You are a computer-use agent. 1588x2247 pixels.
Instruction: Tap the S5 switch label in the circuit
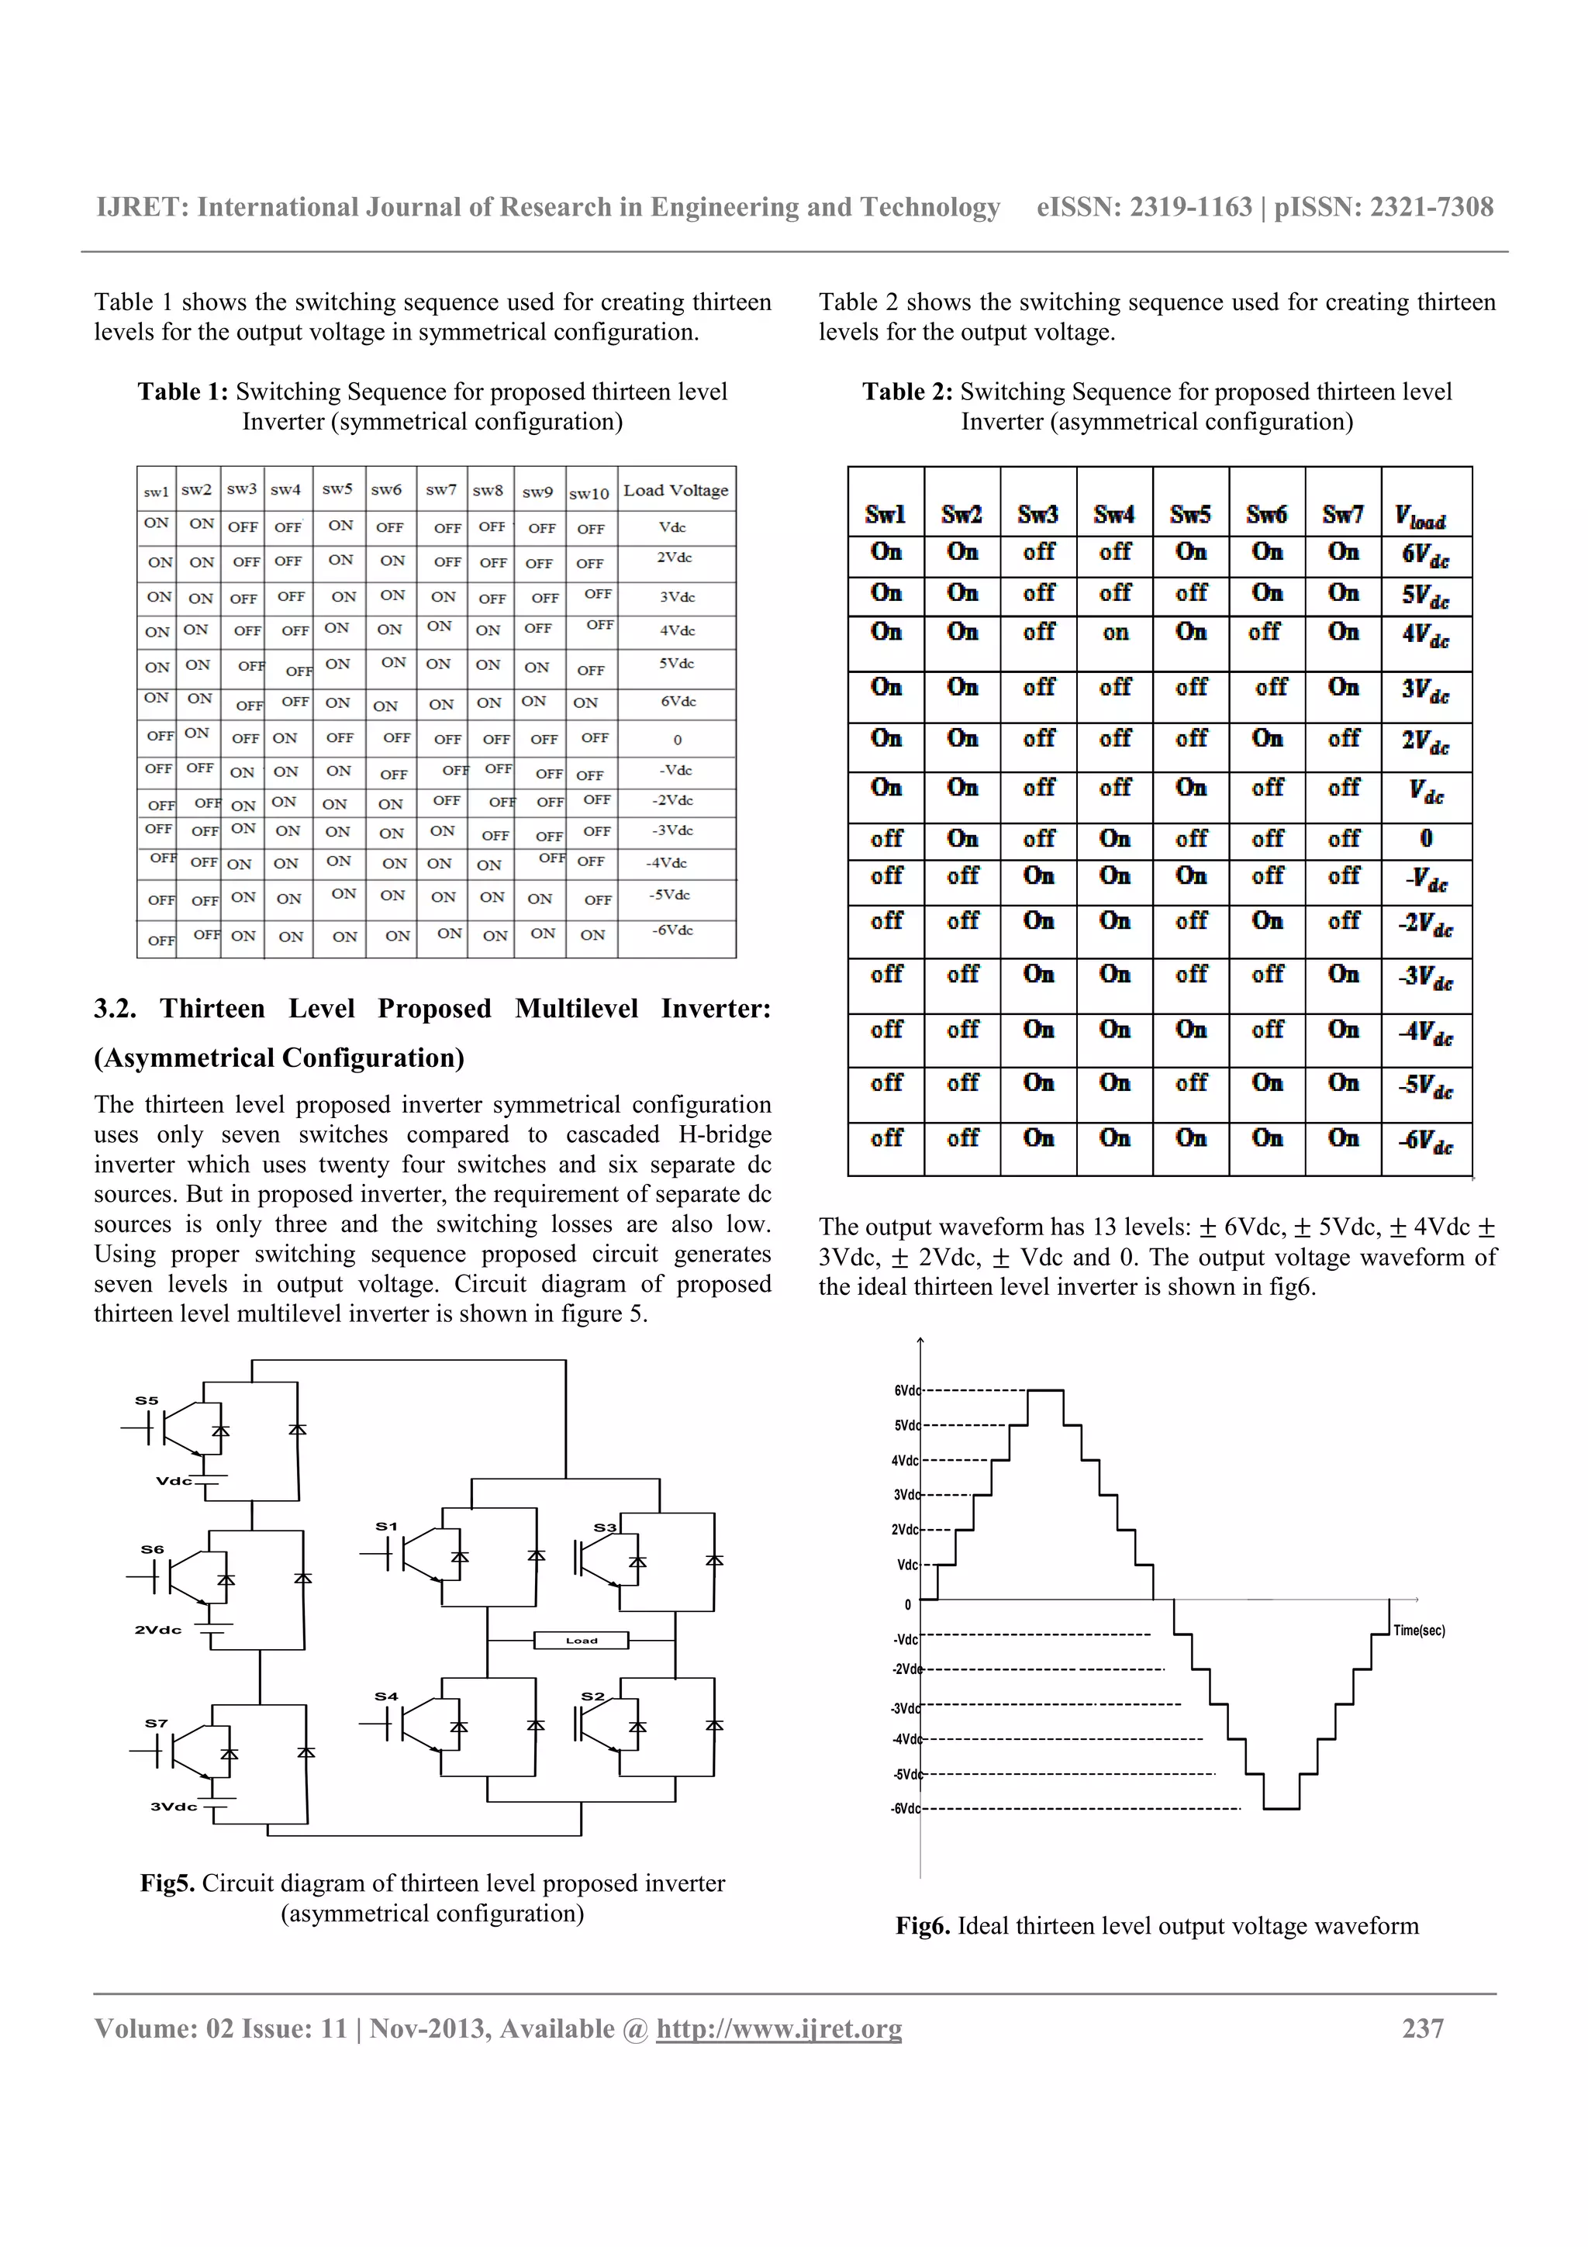pyautogui.click(x=147, y=1400)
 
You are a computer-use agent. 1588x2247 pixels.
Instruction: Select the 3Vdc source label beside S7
pyautogui.click(x=173, y=1806)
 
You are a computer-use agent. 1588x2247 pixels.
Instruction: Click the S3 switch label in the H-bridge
pyautogui.click(x=605, y=1527)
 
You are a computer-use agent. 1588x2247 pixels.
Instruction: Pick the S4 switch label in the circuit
pyautogui.click(x=386, y=1696)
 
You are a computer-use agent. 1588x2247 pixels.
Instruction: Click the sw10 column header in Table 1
pyautogui.click(x=589, y=493)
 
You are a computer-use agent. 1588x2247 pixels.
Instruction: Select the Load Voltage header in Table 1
pyautogui.click(x=675, y=490)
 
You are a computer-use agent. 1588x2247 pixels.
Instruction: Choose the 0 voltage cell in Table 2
pyautogui.click(x=1426, y=839)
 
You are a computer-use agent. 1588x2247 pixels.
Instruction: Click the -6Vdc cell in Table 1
pyautogui.click(x=672, y=930)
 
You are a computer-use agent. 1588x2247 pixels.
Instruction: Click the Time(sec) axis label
pyautogui.click(x=1419, y=1631)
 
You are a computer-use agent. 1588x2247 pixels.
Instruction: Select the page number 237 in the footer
pyautogui.click(x=1423, y=2028)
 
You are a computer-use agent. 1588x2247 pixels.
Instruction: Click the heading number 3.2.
pyautogui.click(x=115, y=1008)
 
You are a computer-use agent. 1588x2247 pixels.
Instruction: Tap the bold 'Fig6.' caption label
pyautogui.click(x=923, y=1926)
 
